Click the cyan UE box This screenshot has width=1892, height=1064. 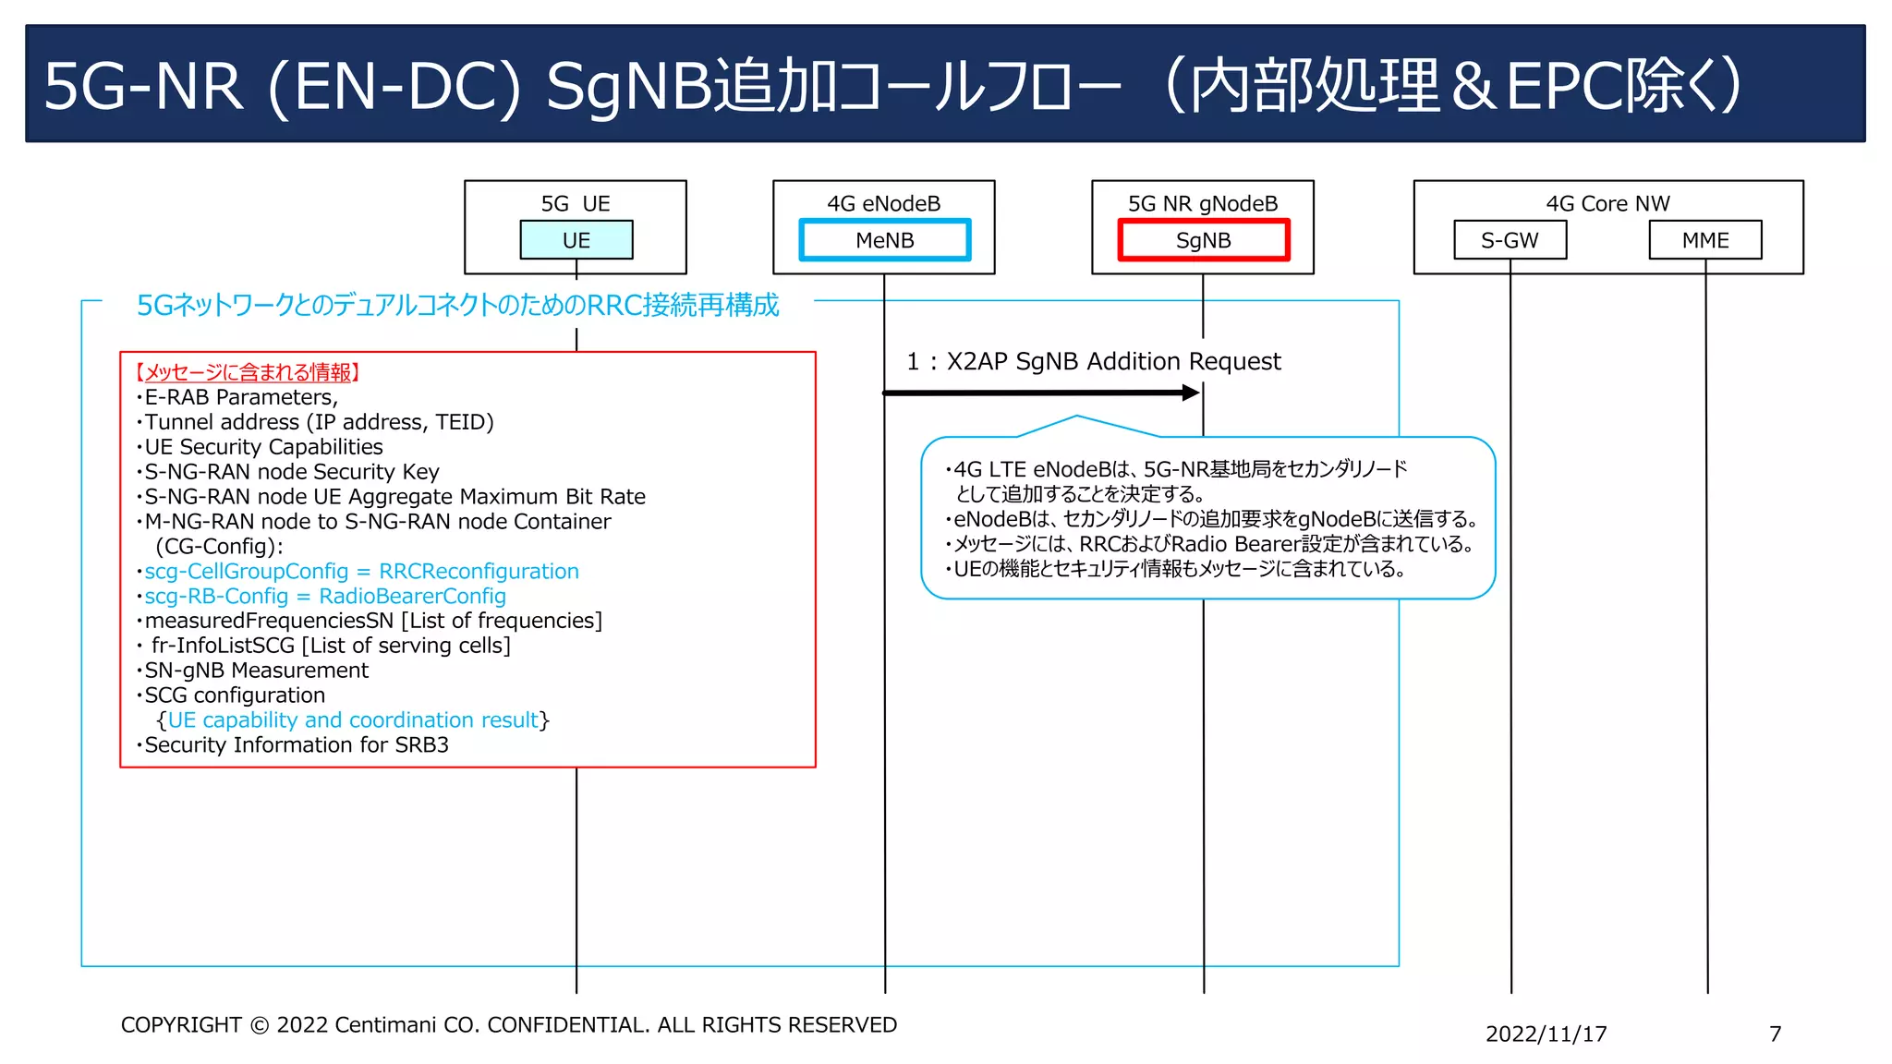(576, 240)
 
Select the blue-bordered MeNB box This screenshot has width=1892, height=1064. (884, 240)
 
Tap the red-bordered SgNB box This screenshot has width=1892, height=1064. (1203, 240)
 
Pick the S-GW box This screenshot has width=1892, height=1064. (1510, 240)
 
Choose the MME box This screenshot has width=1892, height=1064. (1704, 240)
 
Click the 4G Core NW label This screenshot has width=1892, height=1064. (1607, 203)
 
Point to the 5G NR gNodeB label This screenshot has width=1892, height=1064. (1203, 203)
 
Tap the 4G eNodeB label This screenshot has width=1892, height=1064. (883, 203)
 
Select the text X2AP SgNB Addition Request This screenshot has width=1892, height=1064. (1113, 361)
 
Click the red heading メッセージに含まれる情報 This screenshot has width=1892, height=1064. (248, 372)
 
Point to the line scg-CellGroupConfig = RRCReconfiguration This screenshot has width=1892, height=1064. (361, 572)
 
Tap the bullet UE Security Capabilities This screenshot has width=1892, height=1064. (263, 447)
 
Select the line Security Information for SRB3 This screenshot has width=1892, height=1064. (296, 745)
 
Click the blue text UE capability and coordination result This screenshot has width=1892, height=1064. (353, 720)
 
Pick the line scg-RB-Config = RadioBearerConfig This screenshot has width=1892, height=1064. (325, 597)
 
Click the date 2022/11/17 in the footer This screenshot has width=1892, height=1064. (1546, 1034)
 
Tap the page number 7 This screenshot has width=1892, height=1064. (1775, 1034)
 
